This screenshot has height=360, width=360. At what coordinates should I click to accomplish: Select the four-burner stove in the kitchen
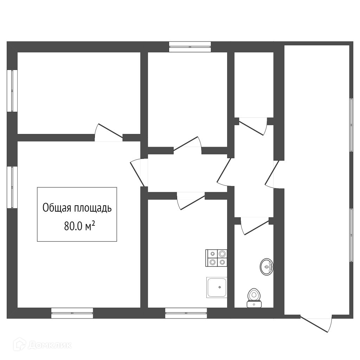point(216,258)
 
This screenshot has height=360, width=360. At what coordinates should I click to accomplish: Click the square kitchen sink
point(217,287)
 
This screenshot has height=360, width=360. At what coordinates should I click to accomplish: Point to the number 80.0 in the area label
point(73,226)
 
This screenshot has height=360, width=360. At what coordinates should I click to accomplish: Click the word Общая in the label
point(57,208)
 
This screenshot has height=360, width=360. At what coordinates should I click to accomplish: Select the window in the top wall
point(190,47)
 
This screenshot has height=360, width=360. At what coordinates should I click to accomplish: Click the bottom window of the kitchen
point(186,313)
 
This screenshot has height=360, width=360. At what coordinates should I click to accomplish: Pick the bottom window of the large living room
point(72,313)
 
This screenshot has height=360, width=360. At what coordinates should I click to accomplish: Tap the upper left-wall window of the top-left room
point(12,91)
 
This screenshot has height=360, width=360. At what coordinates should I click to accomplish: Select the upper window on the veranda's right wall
point(351,125)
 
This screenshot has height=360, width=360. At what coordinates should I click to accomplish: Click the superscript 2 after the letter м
point(93,224)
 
